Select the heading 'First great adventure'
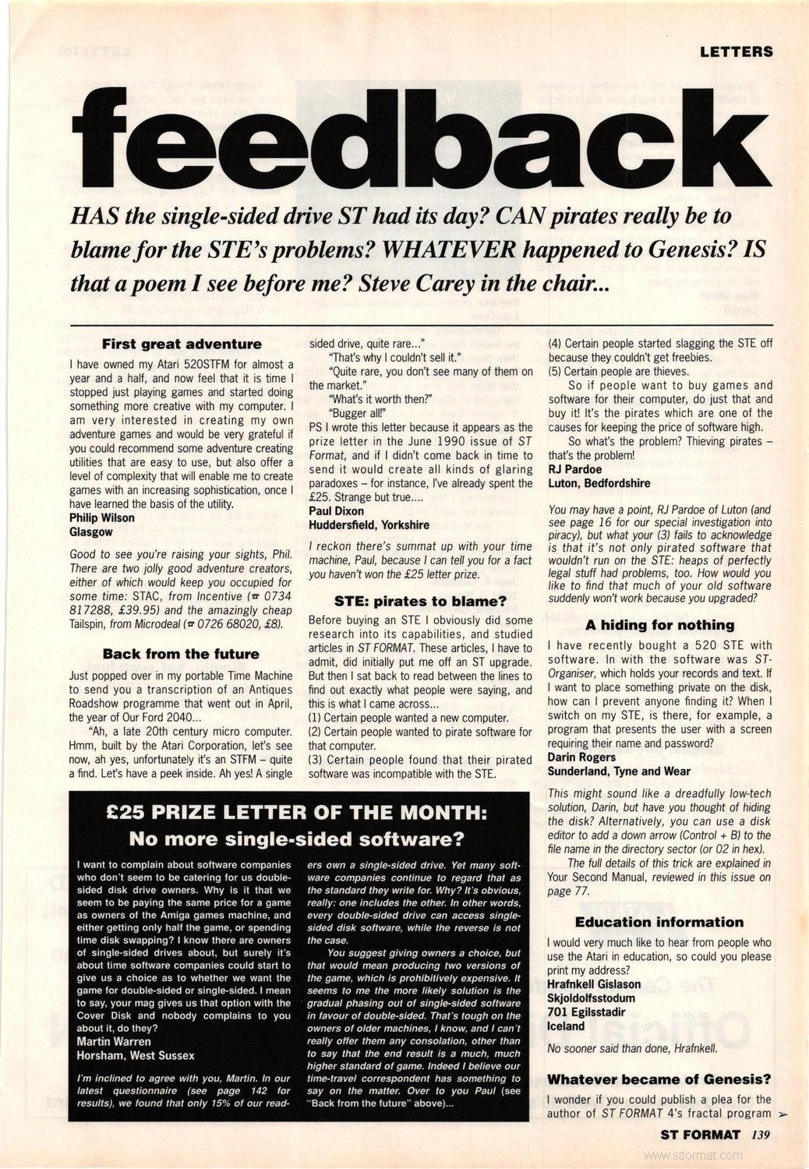pyautogui.click(x=182, y=344)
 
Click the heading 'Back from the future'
pyautogui.click(x=181, y=654)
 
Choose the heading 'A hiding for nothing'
pyautogui.click(x=659, y=624)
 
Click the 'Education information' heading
pyautogui.click(x=659, y=922)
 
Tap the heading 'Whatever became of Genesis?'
pyautogui.click(x=659, y=1079)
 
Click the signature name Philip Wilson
pyautogui.click(x=102, y=517)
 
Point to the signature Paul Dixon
pyautogui.click(x=336, y=510)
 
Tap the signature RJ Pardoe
pyautogui.click(x=575, y=469)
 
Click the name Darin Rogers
pyautogui.click(x=581, y=757)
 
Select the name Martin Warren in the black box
pyautogui.click(x=115, y=1042)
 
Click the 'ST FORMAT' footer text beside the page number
pyautogui.click(x=700, y=1135)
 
